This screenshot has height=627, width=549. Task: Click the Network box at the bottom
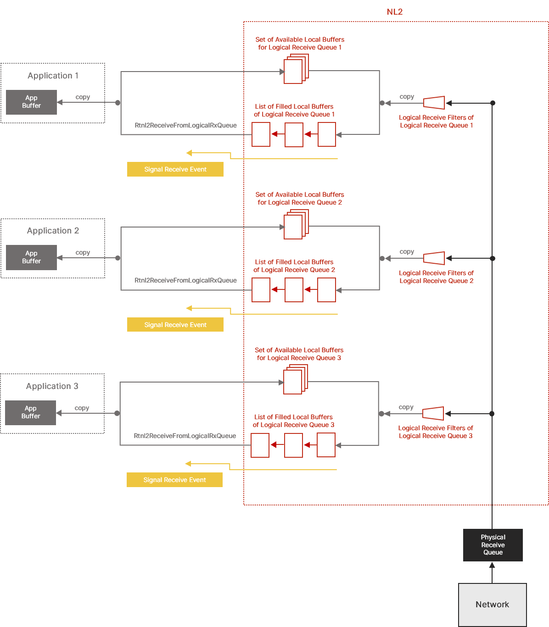coord(492,605)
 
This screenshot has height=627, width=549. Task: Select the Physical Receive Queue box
coord(493,545)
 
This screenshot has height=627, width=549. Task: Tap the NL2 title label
coord(395,12)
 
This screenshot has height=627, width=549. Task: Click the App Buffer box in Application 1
coord(31,102)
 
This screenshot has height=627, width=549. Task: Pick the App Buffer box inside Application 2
coord(31,257)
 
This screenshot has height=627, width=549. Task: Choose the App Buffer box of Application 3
coord(30,412)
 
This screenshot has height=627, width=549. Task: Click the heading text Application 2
coord(53,231)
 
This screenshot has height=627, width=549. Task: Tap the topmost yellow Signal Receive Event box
coord(175,169)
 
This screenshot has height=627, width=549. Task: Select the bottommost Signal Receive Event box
coord(174,480)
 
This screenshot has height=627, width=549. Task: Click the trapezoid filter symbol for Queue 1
coord(434,103)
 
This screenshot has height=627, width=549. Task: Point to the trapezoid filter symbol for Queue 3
coord(433,413)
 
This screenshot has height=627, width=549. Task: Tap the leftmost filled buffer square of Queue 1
coord(261,134)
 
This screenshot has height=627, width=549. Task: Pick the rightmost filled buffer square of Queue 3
coord(326,445)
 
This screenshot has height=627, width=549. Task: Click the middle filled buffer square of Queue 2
coord(294,290)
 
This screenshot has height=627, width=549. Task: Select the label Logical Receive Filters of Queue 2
coord(436,277)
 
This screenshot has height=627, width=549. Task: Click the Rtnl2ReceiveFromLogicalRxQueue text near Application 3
coord(185,436)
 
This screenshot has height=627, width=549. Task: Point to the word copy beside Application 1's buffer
coord(83,97)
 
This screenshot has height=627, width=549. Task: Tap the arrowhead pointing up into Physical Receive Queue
coord(492,566)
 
